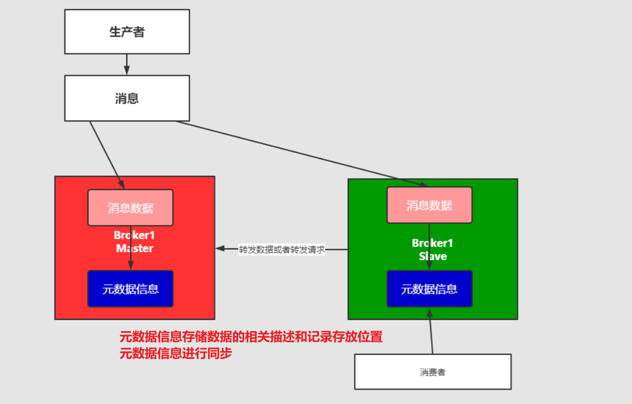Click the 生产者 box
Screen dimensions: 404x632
coord(127,32)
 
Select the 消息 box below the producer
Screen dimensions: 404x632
coord(127,98)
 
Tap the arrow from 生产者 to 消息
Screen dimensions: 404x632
coord(127,65)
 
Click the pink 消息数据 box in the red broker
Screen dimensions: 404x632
coord(130,208)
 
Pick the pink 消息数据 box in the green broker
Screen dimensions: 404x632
coord(429,205)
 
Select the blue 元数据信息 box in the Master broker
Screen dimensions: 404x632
coord(130,289)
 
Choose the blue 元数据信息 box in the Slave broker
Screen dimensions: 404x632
coord(429,289)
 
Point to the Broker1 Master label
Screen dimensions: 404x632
coord(134,242)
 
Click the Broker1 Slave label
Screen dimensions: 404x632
coord(432,250)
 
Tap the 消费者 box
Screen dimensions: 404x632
coord(432,372)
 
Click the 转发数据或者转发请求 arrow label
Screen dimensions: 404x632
coord(282,249)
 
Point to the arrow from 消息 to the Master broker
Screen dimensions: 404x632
coord(106,154)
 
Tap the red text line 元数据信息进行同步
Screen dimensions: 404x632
coord(175,353)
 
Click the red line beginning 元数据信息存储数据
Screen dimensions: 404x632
coord(251,337)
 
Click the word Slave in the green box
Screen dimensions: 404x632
coord(432,257)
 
